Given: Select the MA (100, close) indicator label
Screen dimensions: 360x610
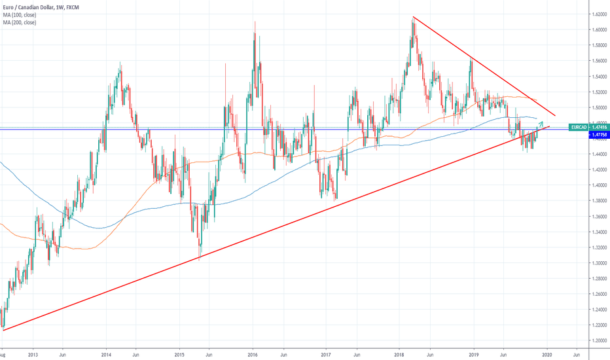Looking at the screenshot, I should click(x=20, y=14).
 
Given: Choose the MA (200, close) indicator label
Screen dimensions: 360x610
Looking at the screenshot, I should click(x=20, y=22).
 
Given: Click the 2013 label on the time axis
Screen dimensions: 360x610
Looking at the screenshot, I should click(x=33, y=355).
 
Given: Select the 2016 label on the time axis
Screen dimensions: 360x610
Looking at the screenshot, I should click(x=253, y=355).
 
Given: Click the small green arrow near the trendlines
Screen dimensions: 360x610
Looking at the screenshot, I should click(x=541, y=124).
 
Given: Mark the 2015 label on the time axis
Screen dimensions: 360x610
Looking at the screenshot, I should click(x=180, y=355).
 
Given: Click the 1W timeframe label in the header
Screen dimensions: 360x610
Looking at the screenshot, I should click(x=67, y=6).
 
